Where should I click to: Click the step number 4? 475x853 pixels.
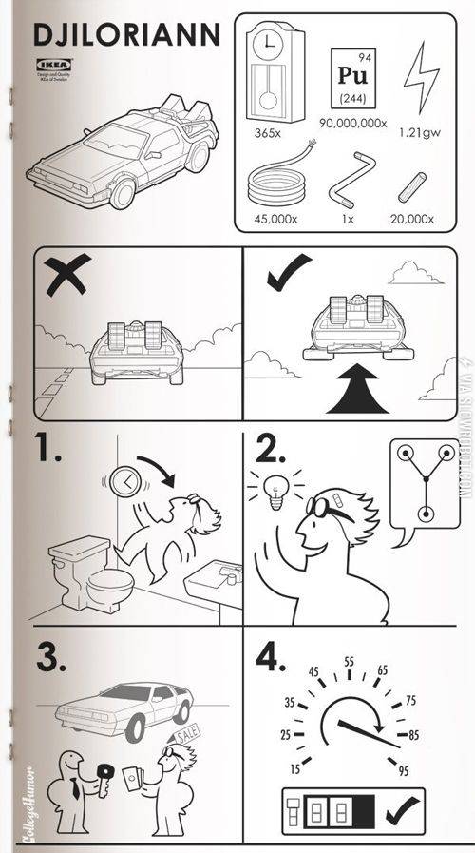[x=269, y=657]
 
